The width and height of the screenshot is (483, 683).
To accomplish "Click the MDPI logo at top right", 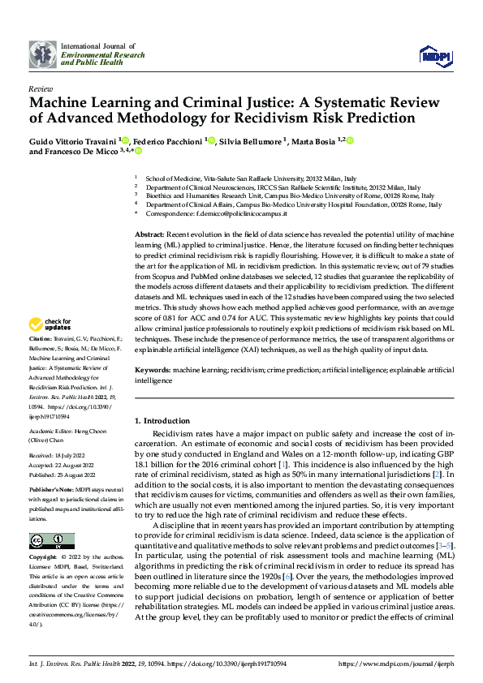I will (x=434, y=54).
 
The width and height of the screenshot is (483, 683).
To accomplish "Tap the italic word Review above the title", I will (x=40, y=88).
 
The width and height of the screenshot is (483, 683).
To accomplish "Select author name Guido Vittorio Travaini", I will (x=72, y=140).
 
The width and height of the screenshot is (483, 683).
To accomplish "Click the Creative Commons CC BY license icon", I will (x=51, y=541).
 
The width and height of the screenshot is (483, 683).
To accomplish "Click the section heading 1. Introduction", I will (x=162, y=422).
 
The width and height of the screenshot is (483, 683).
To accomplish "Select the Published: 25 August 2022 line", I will (x=60, y=475).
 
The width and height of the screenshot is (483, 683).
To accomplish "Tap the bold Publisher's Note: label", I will (x=50, y=491).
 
